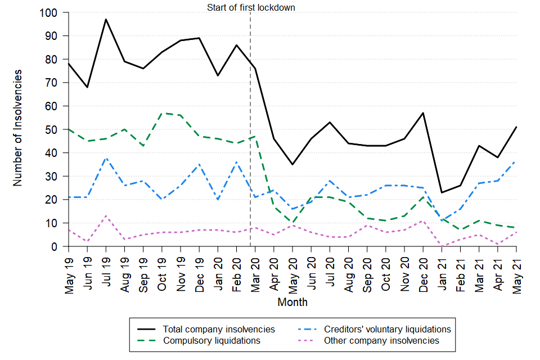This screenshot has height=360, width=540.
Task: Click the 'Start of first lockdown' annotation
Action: (251, 8)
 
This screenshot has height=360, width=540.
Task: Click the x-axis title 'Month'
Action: (292, 302)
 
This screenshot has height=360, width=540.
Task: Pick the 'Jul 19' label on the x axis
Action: (106, 271)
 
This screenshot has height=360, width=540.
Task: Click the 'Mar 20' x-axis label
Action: (255, 271)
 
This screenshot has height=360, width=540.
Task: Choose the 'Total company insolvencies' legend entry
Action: (219, 329)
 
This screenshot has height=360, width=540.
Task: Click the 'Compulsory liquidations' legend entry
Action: (211, 340)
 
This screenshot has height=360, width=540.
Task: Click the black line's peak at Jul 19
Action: (106, 19)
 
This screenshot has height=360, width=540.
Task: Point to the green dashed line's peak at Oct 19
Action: (162, 113)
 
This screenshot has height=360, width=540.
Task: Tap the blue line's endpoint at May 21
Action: (516, 162)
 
